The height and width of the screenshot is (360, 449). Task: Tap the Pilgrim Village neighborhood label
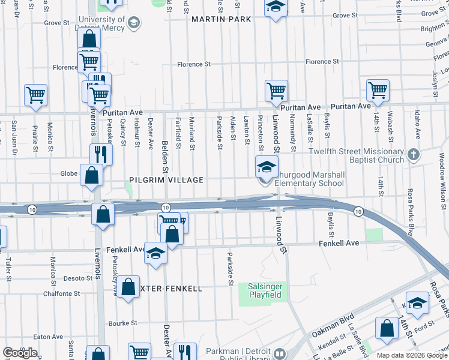pos(166,180)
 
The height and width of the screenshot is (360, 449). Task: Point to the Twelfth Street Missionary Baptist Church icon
pos(412,155)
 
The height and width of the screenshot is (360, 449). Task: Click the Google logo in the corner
pos(20,353)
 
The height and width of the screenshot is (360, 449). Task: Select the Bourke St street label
pos(123,323)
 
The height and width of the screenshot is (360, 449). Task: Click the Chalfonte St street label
pos(62,293)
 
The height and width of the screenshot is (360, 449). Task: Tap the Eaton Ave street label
pos(49,337)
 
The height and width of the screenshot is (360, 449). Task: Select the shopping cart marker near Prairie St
pos(35,95)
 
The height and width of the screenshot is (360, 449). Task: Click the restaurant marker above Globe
pos(101,154)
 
